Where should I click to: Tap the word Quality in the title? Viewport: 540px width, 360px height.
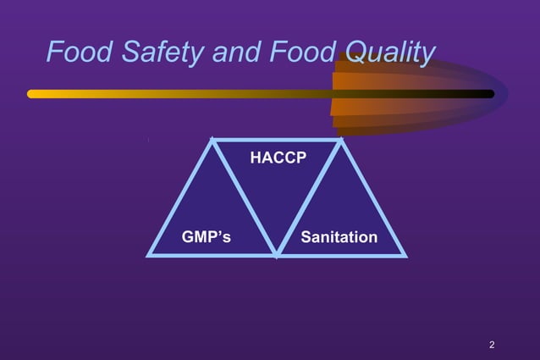pos(391,53)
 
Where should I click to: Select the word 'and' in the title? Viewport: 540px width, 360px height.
pos(236,53)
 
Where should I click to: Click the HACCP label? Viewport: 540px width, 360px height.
pos(278,158)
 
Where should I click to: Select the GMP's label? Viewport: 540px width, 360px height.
pos(207,237)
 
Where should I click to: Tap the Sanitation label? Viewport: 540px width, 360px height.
pos(339,237)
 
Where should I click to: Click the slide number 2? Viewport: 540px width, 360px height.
pos(492,345)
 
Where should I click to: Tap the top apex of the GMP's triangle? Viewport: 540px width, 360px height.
pos(212,140)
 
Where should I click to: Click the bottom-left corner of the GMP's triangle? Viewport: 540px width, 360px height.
pos(150,254)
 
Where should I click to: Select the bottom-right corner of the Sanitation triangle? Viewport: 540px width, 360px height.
pos(405,254)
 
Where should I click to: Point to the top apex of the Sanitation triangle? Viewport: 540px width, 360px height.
pos(341,141)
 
